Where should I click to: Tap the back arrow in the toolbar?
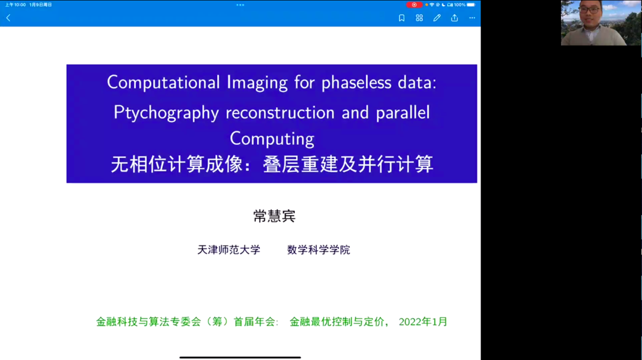click(8, 18)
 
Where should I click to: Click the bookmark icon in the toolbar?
click(401, 18)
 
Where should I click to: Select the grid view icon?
click(419, 18)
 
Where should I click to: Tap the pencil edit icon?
click(437, 18)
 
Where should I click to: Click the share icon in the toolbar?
click(455, 18)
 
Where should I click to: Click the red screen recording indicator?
click(414, 5)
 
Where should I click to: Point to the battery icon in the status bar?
click(471, 5)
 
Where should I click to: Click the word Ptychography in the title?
click(167, 113)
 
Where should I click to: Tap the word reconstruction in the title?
click(280, 112)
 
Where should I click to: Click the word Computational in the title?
click(163, 82)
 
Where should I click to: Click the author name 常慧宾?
click(274, 216)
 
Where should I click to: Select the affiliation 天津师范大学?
click(228, 250)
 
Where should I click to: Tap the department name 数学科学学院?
click(319, 250)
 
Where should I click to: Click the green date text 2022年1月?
click(423, 322)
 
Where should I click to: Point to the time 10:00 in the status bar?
click(20, 5)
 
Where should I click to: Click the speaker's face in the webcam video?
click(590, 12)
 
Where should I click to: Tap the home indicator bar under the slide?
click(241, 358)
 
